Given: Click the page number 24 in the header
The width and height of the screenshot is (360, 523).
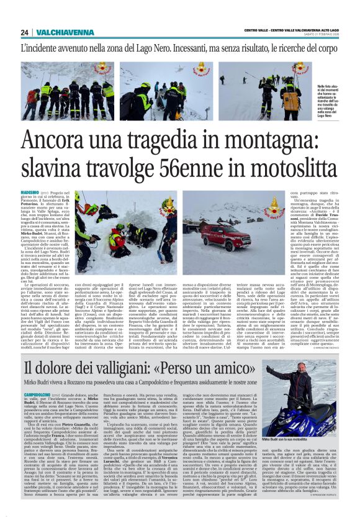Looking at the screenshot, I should coord(24,32).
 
